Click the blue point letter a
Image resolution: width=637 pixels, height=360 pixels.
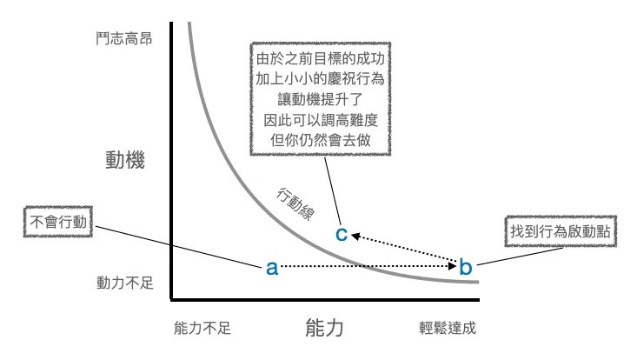(271, 269)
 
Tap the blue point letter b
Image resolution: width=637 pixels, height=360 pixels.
(465, 267)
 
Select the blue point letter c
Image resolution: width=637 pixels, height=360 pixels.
(342, 232)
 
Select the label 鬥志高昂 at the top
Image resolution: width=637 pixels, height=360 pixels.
(124, 38)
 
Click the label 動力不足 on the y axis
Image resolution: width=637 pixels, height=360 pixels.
(124, 283)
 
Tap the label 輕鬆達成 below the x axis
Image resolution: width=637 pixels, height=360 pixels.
(448, 328)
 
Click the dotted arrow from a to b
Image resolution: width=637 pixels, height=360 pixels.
(365, 266)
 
